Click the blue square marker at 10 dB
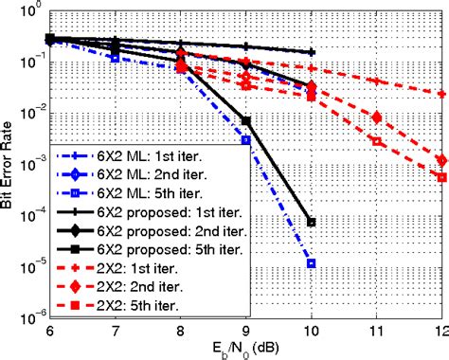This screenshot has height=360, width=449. click(312, 262)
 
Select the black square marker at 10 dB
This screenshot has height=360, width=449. click(312, 223)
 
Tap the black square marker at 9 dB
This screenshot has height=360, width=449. click(246, 121)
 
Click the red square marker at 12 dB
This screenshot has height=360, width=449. click(442, 177)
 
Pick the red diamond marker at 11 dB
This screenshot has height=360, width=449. click(377, 118)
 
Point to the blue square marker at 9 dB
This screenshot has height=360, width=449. click(246, 140)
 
